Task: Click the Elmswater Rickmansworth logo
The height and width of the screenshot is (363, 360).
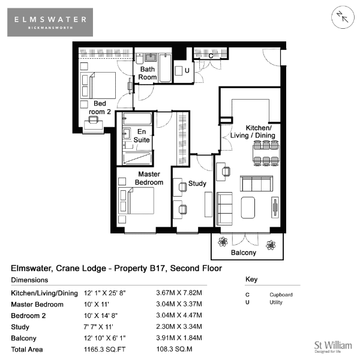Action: click(50, 22)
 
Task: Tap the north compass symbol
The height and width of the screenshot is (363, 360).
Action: click(343, 17)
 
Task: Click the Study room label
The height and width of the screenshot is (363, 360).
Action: click(197, 184)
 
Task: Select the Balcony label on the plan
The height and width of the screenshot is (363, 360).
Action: click(244, 253)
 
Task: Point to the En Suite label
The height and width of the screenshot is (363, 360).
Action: click(142, 136)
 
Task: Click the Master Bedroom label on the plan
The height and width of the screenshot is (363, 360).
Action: click(149, 178)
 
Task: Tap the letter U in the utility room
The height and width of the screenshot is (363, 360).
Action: click(187, 70)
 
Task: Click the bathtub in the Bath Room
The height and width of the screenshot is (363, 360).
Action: click(165, 68)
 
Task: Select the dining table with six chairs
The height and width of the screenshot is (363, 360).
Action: click(266, 153)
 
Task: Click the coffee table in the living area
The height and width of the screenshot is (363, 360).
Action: click(248, 208)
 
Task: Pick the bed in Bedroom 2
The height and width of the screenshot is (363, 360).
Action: click(98, 85)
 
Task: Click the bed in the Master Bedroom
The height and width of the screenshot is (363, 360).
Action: click(136, 200)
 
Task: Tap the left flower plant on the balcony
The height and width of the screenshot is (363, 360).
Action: click(223, 242)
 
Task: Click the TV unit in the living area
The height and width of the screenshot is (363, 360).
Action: click(275, 208)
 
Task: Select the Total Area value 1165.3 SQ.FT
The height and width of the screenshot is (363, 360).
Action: click(104, 349)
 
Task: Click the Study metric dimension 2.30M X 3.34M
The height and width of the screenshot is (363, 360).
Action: click(179, 326)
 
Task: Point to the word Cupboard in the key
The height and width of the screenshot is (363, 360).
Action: click(281, 295)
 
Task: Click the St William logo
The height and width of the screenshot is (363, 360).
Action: click(333, 347)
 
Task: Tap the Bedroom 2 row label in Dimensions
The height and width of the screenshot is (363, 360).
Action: click(28, 316)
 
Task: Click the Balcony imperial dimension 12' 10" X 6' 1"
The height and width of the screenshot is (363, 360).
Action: click(104, 338)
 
